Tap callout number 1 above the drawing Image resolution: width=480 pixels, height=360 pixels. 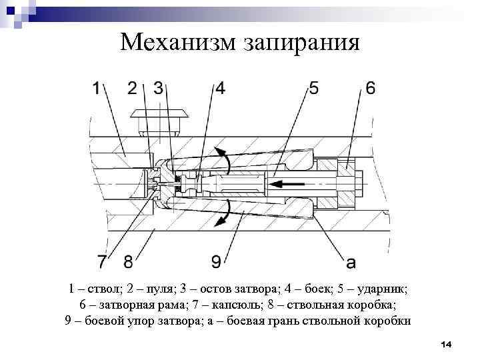[98, 88]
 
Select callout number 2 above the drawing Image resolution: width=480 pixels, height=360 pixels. [133, 88]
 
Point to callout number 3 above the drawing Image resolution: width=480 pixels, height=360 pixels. [159, 88]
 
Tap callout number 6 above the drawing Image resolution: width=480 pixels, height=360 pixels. [370, 88]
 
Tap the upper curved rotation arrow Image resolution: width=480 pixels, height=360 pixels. [226, 163]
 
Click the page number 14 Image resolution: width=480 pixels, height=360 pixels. [446, 344]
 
